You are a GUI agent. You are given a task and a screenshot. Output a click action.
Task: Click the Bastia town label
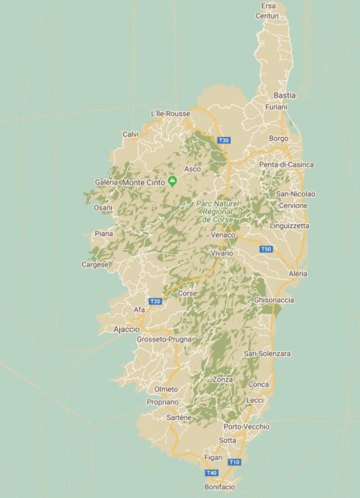284,95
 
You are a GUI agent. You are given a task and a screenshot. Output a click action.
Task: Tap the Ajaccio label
126,330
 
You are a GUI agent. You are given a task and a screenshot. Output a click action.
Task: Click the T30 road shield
224,140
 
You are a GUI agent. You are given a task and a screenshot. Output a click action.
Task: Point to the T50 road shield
266,250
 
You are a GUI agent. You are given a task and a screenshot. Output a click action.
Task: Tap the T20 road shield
155,301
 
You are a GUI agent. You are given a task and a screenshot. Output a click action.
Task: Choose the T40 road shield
211,472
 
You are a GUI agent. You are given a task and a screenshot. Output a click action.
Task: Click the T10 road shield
234,462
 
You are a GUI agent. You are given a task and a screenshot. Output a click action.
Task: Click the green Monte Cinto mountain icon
172,180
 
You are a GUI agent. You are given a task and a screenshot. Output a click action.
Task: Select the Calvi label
130,134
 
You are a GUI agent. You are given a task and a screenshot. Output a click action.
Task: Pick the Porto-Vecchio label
246,426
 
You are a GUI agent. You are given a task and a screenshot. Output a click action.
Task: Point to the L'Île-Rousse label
171,114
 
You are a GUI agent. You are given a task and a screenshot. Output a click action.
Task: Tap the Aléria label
297,274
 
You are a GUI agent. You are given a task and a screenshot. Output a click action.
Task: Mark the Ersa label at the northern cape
268,6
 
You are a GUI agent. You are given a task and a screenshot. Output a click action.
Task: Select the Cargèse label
95,264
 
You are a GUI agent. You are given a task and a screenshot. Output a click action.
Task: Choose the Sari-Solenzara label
267,354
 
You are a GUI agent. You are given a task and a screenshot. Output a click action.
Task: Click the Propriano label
163,401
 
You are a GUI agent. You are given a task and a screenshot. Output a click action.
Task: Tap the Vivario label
221,253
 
